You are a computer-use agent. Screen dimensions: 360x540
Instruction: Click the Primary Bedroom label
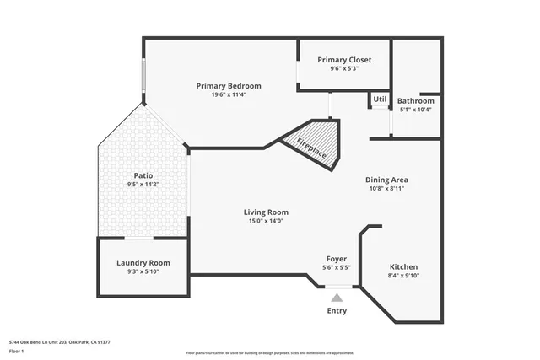tap(229, 85)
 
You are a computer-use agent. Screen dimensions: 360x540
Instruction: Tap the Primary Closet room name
tap(343, 60)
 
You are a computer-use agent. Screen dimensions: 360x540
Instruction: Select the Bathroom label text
tap(415, 100)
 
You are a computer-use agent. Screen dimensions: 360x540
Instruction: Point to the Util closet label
tap(380, 99)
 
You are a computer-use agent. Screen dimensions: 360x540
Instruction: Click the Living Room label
tap(266, 212)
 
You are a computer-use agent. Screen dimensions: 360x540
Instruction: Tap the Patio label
tap(143, 175)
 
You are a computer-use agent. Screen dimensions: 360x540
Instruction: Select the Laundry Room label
tap(143, 262)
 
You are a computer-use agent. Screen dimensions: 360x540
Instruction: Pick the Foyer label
tap(337, 258)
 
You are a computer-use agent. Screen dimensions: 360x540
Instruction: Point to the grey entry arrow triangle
tap(337, 297)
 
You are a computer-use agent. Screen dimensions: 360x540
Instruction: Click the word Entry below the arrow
tap(337, 311)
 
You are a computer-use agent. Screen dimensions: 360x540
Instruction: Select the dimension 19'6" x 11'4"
tap(229, 94)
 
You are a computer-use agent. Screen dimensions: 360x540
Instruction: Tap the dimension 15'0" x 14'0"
tap(266, 221)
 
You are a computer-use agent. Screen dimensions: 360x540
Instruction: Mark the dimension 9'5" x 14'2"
tap(143, 184)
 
